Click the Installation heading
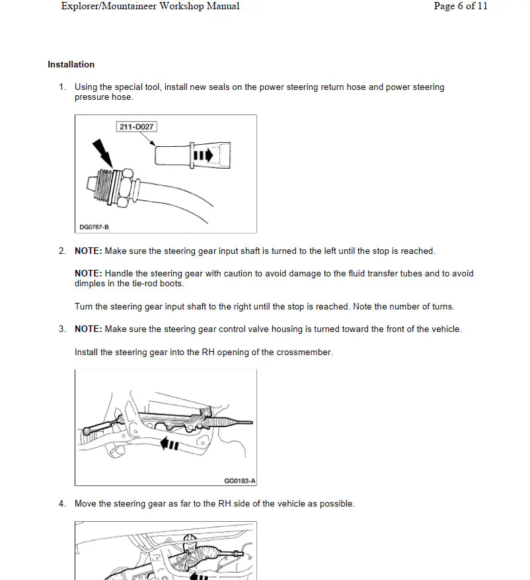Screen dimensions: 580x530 (x=71, y=65)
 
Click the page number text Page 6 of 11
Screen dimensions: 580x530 (x=460, y=7)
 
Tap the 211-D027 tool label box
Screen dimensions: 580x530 (x=137, y=126)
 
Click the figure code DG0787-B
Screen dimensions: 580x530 (x=93, y=227)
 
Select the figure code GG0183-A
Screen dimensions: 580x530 (x=240, y=481)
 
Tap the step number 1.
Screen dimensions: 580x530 (x=62, y=87)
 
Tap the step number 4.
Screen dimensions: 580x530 (x=62, y=504)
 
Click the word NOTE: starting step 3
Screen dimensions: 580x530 (x=88, y=329)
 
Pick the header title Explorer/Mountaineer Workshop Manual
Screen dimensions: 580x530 (x=150, y=7)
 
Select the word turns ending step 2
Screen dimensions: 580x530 (x=442, y=307)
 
